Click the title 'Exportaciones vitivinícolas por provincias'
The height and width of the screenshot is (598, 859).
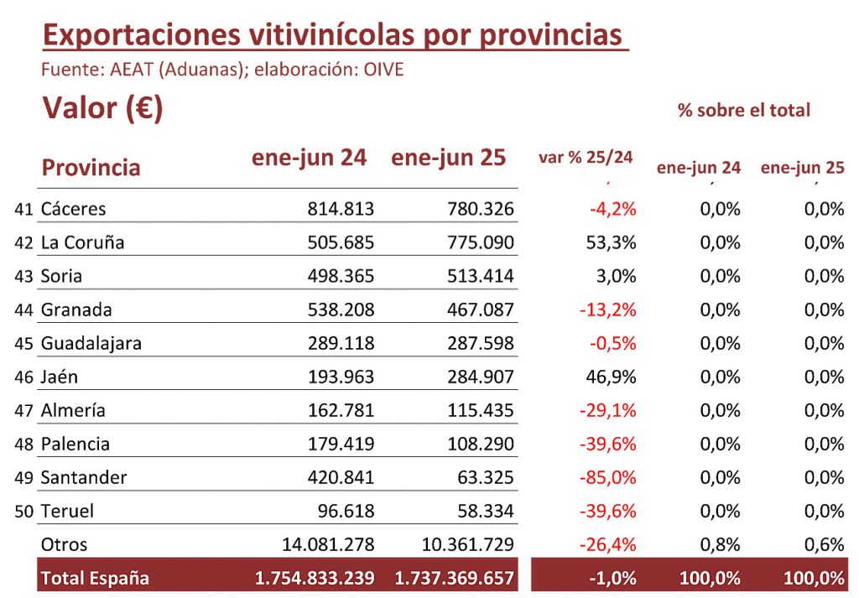pos(334,34)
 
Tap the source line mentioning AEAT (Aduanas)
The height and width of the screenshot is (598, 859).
pos(222,70)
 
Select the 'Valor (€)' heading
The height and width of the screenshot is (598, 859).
pos(102,108)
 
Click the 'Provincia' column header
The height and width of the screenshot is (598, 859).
pos(91,168)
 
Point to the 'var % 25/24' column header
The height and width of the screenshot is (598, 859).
pos(585,157)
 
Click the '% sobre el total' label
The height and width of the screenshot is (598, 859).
pos(744,110)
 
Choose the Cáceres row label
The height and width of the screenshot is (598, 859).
pos(74,209)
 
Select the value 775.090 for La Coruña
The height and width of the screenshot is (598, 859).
pos(480,242)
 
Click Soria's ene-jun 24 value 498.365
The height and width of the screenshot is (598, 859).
pos(341,276)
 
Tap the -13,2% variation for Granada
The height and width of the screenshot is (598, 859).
pos(607,309)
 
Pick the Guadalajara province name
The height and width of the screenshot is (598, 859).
pos(91,343)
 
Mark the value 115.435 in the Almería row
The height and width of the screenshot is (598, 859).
pos(480,410)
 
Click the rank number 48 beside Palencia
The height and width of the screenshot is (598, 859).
pos(23,445)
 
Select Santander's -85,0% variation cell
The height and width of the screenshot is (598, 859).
pos(607,477)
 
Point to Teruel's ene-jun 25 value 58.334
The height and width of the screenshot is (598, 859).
pos(485,511)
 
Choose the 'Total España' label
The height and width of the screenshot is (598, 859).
pos(95,578)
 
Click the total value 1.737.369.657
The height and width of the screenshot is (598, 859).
pos(454,578)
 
